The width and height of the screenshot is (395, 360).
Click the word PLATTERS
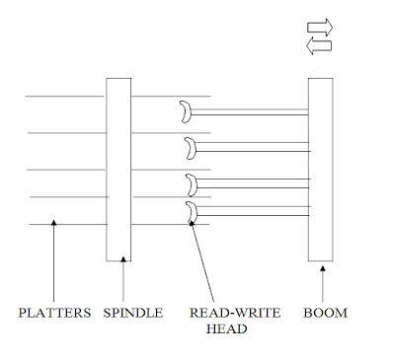(x=54, y=313)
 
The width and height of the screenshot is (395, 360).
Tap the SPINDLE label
(x=133, y=313)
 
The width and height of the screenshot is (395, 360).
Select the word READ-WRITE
(x=235, y=313)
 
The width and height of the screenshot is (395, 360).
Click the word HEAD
(x=226, y=328)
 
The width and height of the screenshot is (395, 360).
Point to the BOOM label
(x=325, y=313)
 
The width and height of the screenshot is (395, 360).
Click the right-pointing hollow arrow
(x=320, y=28)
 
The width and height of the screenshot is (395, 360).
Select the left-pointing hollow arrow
(x=319, y=46)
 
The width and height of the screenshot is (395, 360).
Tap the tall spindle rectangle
(x=118, y=170)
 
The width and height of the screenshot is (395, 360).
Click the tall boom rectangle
(x=321, y=170)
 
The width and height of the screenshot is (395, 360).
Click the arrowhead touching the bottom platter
(x=54, y=223)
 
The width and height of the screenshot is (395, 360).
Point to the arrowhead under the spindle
(x=123, y=259)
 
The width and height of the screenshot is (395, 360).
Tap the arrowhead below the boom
(x=323, y=268)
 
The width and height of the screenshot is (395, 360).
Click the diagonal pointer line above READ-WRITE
(x=202, y=261)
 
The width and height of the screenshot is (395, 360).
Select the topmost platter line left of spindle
(x=64, y=97)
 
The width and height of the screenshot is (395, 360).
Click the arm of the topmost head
(x=250, y=112)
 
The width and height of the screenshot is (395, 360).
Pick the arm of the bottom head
(x=254, y=211)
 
